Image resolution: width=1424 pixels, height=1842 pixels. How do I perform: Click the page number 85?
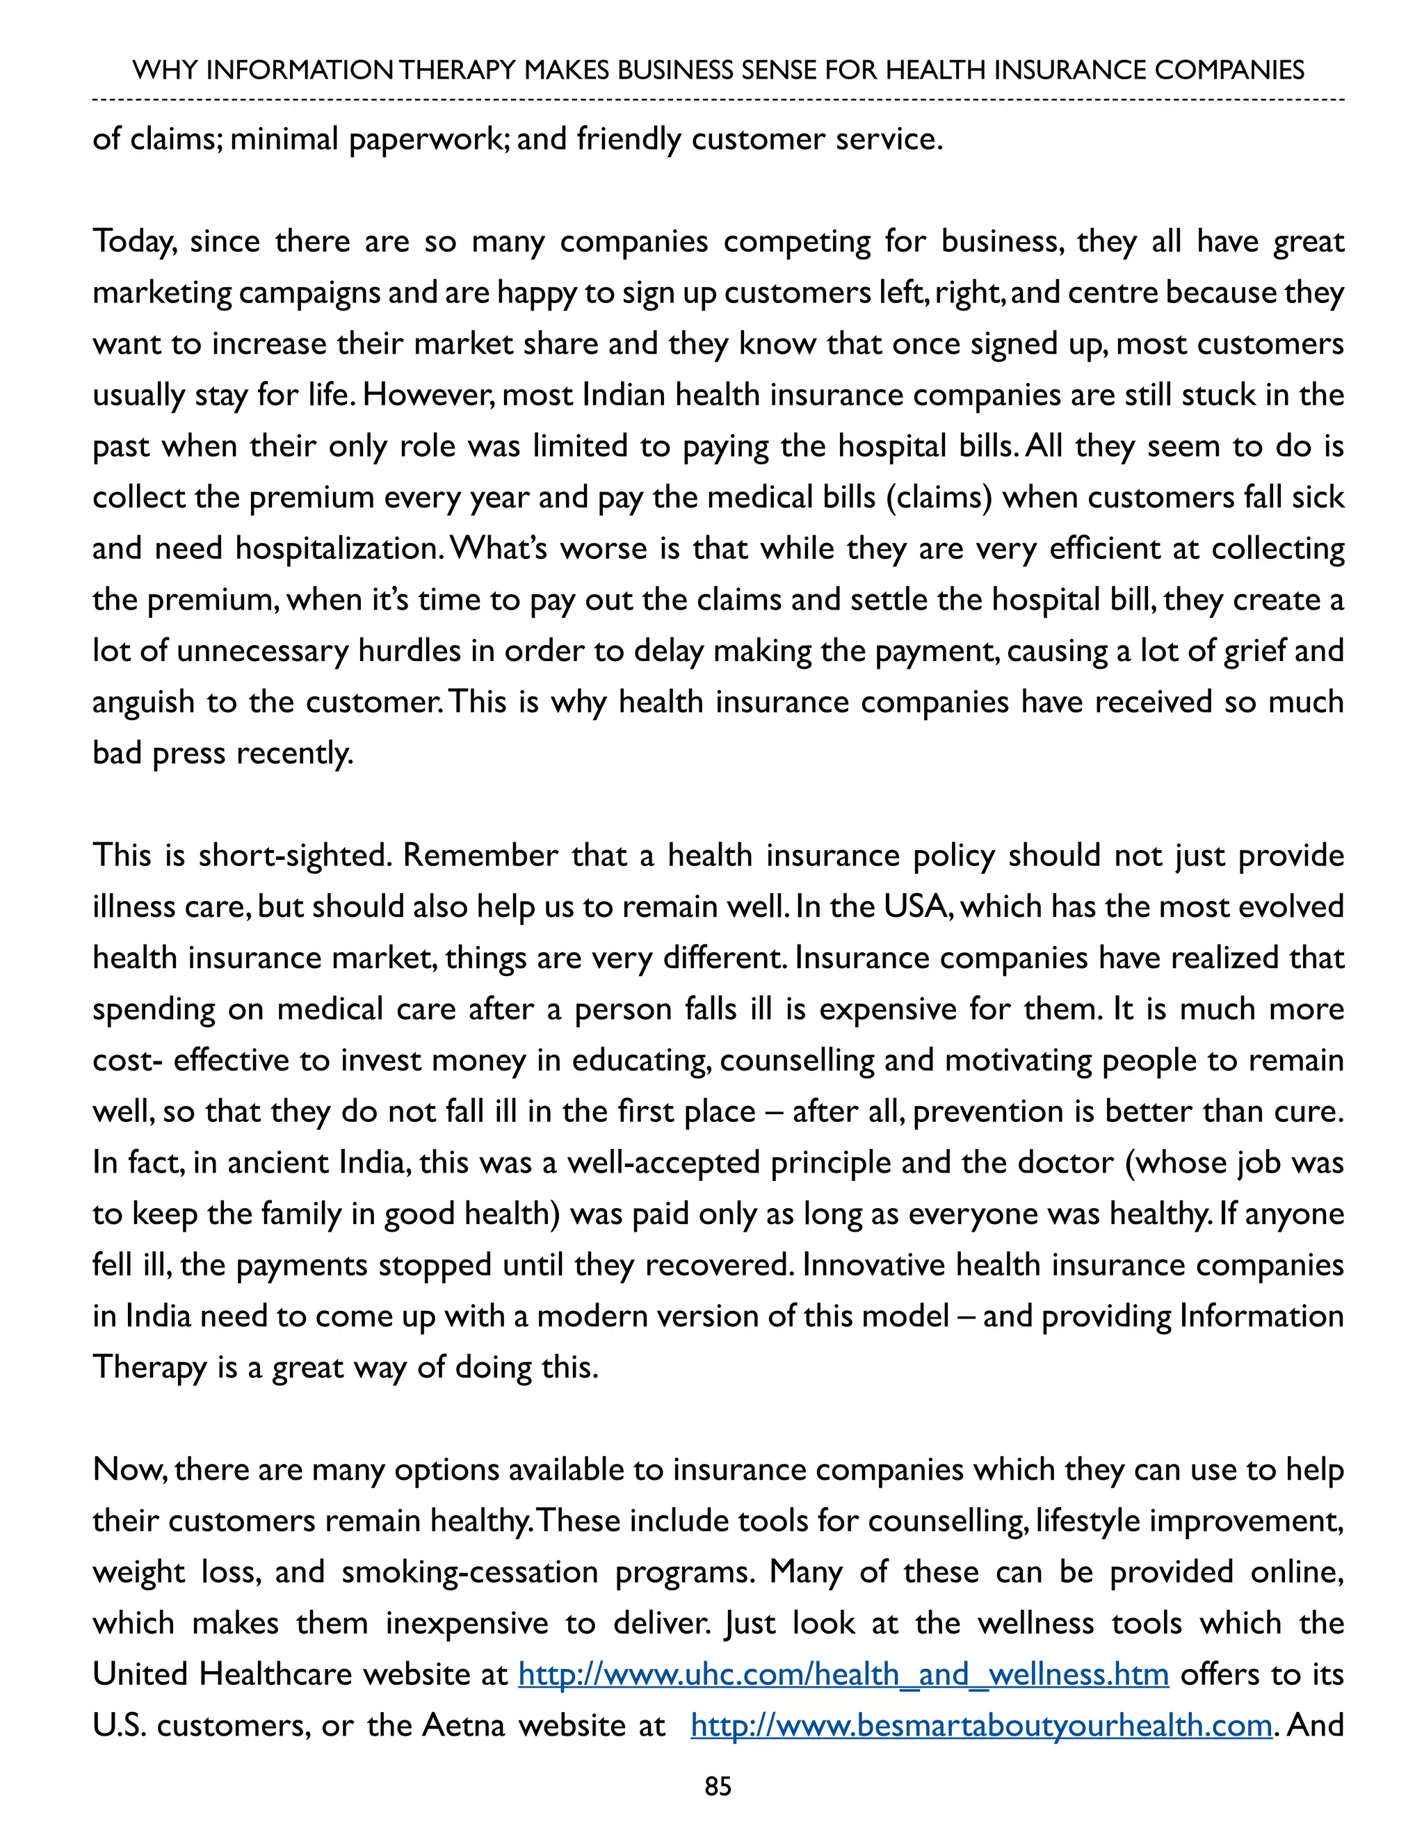717,1786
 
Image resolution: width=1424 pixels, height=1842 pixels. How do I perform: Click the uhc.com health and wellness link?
843,1674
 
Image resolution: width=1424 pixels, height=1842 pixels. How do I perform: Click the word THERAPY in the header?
456,70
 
